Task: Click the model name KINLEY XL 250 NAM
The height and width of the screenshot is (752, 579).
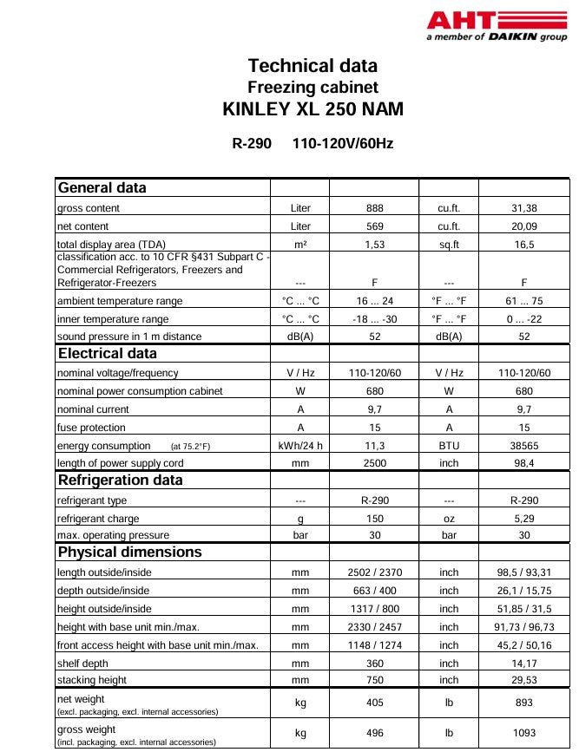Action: coord(313,110)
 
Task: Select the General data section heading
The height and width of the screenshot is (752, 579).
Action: coord(102,188)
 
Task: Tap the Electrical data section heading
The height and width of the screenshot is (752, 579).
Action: coord(108,353)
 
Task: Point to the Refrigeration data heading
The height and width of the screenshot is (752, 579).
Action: coord(120,480)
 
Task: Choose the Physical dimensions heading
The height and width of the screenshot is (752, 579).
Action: coord(129,552)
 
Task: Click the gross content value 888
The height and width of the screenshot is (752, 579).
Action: coord(374,208)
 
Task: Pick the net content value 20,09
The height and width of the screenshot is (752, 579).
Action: coord(523,226)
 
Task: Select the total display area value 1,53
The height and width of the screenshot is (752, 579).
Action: coord(374,245)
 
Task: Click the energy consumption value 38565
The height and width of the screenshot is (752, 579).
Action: coord(523,446)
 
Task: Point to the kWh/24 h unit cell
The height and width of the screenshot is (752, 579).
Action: coord(300,446)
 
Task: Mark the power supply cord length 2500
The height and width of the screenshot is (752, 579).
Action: coord(374,463)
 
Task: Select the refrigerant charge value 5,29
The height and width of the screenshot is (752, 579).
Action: coord(523,518)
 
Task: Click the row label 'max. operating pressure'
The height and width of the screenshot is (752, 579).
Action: coord(113,535)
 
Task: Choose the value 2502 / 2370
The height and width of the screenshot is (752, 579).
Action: coord(374,572)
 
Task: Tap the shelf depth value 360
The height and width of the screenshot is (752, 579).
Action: coord(374,663)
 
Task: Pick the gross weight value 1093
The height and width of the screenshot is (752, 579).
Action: coord(523,733)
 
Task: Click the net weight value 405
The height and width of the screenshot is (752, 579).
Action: coord(374,703)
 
